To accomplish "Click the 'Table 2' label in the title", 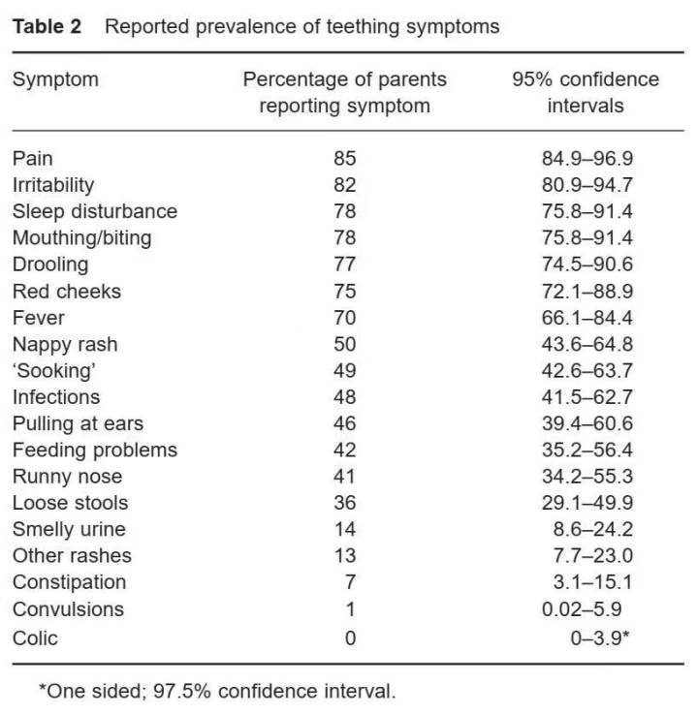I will (52, 26).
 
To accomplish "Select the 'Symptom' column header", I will (55, 79).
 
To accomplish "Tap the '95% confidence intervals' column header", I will (585, 92).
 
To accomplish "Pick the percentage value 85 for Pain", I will (344, 158).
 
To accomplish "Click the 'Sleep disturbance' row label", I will (94, 211).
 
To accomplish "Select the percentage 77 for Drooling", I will (344, 264).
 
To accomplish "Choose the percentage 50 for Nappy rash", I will (344, 344).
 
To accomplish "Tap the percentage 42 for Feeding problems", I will (344, 450).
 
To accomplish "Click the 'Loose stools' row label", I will (70, 503).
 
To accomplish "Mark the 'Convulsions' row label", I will (68, 609).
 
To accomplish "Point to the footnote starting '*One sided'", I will (217, 692).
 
